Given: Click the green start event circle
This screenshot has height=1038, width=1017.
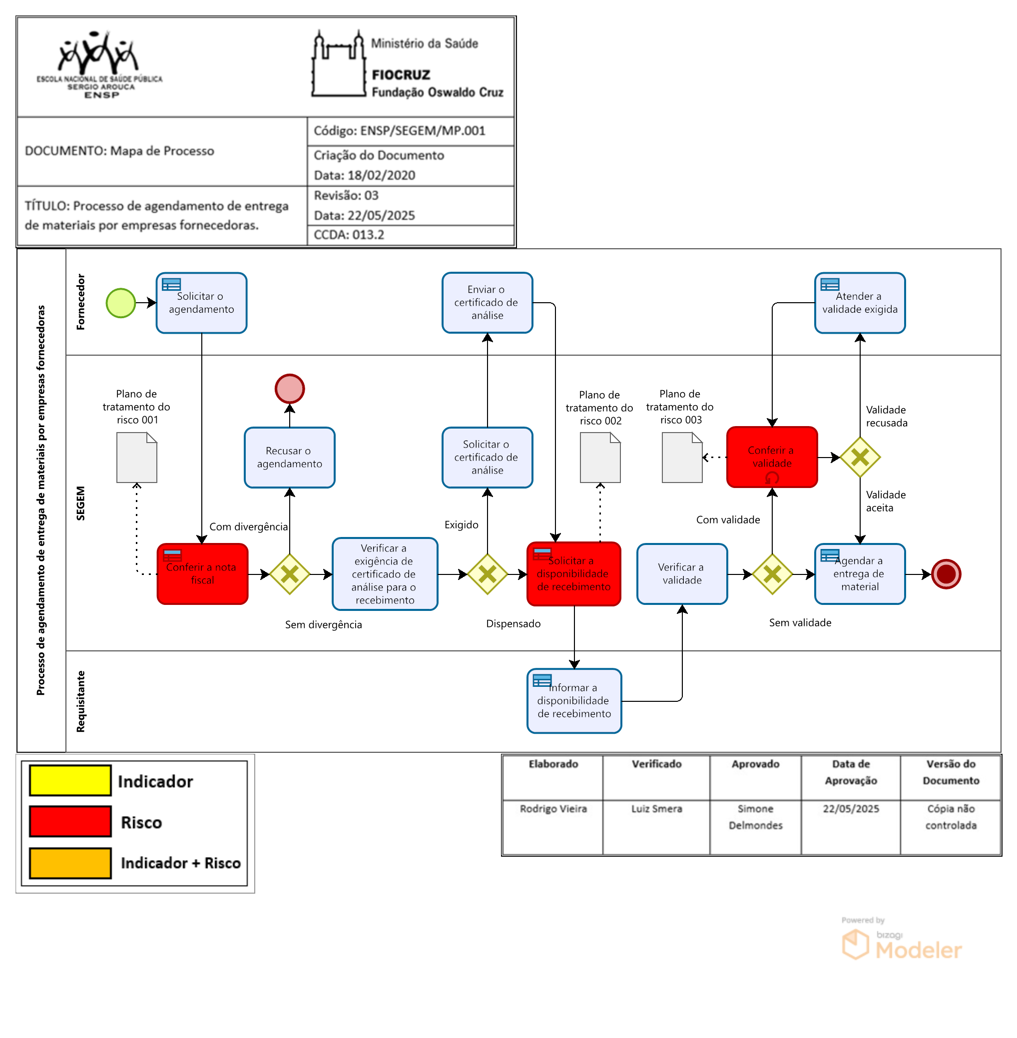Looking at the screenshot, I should click(x=121, y=303).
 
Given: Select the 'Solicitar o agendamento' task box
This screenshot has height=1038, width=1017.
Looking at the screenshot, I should click(x=201, y=303).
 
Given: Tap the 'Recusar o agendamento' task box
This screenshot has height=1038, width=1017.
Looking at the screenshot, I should click(x=290, y=457).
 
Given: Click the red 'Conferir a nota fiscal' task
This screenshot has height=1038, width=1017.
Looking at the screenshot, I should click(x=202, y=574).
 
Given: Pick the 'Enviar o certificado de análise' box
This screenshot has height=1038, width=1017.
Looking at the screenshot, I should click(x=487, y=303).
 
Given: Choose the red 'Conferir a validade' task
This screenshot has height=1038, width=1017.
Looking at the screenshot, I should click(x=772, y=457).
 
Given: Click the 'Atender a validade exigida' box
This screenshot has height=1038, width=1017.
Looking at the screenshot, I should click(x=860, y=303).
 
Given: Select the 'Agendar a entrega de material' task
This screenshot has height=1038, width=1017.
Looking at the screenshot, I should click(x=860, y=574).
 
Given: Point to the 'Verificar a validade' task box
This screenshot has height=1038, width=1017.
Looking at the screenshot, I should click(x=682, y=574).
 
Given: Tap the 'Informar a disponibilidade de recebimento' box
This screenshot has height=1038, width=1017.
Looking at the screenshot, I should click(x=574, y=700).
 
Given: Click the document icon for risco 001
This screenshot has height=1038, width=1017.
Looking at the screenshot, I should click(x=137, y=457).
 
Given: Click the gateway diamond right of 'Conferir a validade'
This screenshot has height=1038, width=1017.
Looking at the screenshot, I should click(x=860, y=457).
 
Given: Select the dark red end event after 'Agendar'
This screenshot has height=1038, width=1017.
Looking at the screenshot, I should click(x=946, y=574).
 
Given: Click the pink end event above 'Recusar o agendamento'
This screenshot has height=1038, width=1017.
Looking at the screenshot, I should click(x=290, y=389).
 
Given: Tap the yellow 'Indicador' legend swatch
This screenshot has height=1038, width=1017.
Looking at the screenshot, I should click(x=70, y=781).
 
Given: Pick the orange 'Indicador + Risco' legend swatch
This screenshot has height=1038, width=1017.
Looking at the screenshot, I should click(x=70, y=863).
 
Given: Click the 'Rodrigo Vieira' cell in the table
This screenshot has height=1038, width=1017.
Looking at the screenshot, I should click(x=553, y=809).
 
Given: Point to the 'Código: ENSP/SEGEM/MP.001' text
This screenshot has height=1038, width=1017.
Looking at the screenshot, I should click(x=400, y=131).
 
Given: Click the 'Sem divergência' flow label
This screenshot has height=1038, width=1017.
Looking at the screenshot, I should click(x=323, y=624).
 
